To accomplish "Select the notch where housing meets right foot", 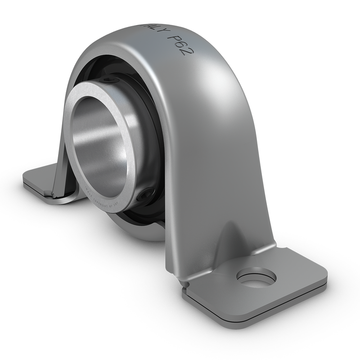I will [184, 283].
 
